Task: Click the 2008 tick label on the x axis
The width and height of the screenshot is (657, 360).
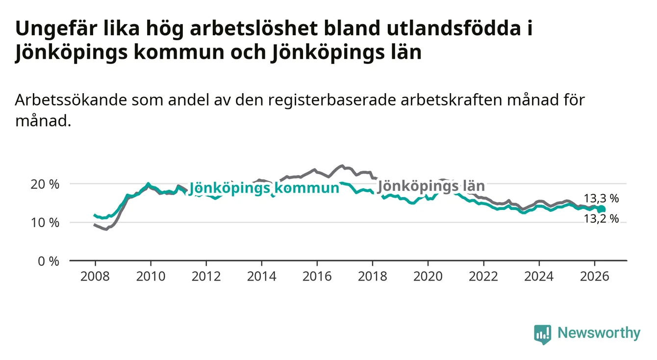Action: point(95,277)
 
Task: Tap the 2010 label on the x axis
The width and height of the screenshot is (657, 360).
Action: point(151,277)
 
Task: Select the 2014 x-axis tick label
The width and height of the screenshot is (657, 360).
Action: point(261,277)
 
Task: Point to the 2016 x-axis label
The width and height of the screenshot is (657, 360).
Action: point(317,277)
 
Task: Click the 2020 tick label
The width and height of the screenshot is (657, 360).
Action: point(428,277)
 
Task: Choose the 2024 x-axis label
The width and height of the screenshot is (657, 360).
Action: point(539,277)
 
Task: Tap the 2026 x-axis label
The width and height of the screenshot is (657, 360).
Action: point(595,277)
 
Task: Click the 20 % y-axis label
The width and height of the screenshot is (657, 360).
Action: point(45,184)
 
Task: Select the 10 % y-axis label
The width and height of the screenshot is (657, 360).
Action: point(45,223)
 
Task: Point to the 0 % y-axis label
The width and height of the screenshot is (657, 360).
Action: point(49,261)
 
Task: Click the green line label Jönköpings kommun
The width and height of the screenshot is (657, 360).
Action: point(264,188)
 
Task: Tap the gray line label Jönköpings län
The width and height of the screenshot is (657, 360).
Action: point(431,186)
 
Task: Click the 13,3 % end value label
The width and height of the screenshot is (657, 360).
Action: point(601,199)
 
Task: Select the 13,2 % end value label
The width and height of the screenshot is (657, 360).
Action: point(601,219)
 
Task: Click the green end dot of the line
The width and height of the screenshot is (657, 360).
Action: point(602,209)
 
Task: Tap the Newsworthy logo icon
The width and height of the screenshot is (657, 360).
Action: point(543,334)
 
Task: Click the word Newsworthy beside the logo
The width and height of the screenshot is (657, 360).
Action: point(599,333)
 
